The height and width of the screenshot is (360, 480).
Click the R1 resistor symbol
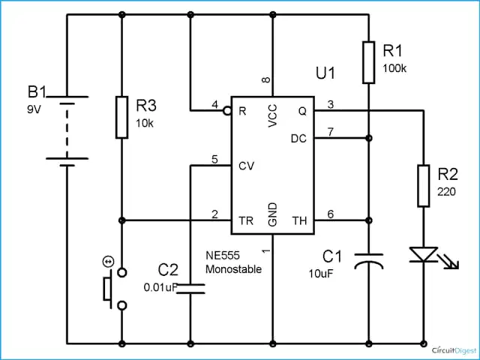coord(368,62)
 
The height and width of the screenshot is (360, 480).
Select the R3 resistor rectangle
coord(121,117)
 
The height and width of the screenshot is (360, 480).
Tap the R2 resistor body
coord(423,186)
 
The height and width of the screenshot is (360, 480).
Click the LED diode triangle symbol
coord(424,255)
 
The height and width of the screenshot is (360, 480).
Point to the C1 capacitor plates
coord(369,261)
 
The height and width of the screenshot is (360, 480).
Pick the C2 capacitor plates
coord(190,289)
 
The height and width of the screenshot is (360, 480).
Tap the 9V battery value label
coord(34,109)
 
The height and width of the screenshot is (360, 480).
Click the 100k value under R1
coord(394,68)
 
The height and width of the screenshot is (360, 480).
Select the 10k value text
coord(145,123)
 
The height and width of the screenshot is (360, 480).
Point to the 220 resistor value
coord(446,192)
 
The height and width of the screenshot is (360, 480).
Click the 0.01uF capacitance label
coord(160,287)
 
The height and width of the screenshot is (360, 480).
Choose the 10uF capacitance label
coord(320,274)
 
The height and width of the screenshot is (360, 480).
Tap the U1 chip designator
coord(325,73)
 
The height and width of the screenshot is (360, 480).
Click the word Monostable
coord(233,269)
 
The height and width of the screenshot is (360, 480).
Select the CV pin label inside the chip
coord(247,166)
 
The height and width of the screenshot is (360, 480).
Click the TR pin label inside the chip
coord(246,220)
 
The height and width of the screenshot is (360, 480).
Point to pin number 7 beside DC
coord(331,132)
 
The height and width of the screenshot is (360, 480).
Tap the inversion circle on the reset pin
coord(227,110)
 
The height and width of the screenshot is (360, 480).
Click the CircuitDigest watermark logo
coord(454,350)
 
